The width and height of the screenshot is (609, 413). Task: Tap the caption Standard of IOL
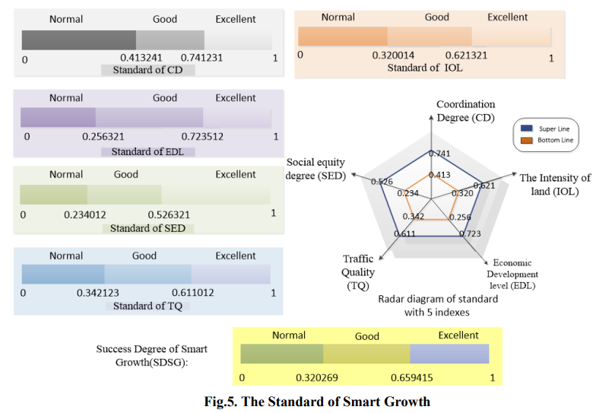(425, 68)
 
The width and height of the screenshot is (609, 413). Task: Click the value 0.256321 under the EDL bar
(102, 137)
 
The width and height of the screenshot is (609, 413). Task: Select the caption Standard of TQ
(147, 307)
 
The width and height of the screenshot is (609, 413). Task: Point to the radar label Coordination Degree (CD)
(465, 111)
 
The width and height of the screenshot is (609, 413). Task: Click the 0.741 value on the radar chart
(439, 154)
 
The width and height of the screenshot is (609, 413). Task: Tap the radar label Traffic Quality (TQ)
(358, 272)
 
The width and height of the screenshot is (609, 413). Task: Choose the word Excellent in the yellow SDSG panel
(458, 335)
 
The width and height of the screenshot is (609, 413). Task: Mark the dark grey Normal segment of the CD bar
(79, 40)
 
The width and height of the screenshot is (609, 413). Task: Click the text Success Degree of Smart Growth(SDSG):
(151, 355)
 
